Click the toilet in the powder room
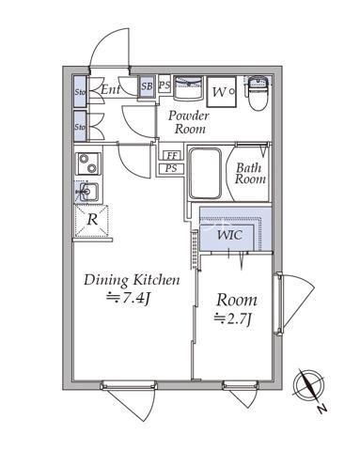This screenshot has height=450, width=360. (259, 93)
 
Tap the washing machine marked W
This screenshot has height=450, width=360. (222, 92)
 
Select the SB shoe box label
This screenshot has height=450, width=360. (147, 86)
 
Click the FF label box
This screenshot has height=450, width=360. (171, 155)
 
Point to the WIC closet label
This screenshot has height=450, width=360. (230, 235)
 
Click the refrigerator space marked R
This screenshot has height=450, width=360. (92, 221)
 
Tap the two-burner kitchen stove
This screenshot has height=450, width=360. (88, 163)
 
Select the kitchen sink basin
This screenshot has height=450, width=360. (87, 191)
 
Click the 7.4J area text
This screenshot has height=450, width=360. (129, 298)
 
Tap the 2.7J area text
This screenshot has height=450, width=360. (233, 319)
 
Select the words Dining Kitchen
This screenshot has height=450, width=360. (132, 279)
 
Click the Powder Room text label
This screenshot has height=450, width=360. (189, 122)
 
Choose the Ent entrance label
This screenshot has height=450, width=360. (110, 90)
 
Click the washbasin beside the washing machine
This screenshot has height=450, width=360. (188, 87)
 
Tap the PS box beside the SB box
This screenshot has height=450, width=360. (164, 84)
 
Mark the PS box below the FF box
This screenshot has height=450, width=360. (171, 168)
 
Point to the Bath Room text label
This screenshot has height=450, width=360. (250, 174)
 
